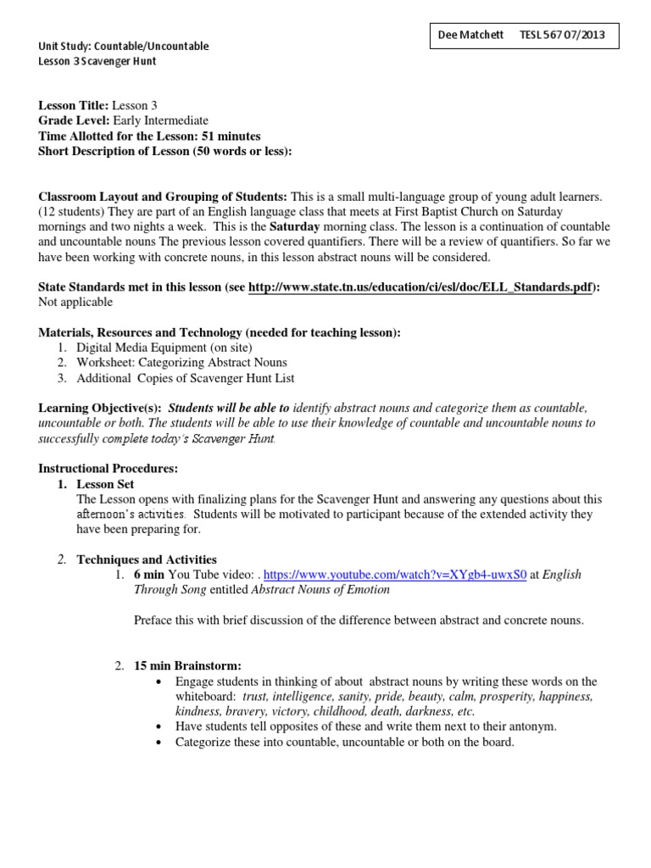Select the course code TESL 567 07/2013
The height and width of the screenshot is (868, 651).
(x=568, y=36)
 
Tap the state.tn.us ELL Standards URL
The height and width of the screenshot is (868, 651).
(x=421, y=287)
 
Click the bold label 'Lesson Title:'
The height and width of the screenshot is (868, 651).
(x=74, y=106)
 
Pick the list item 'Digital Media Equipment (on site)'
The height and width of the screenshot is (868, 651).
(x=164, y=348)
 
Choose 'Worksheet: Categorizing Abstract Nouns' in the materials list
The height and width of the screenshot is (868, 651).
(x=181, y=363)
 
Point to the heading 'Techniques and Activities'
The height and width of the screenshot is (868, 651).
(x=147, y=559)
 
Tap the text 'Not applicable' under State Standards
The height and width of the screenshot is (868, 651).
(x=75, y=303)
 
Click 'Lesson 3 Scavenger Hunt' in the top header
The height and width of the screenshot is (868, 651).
(x=97, y=61)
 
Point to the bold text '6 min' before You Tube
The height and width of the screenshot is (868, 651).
(x=149, y=574)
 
